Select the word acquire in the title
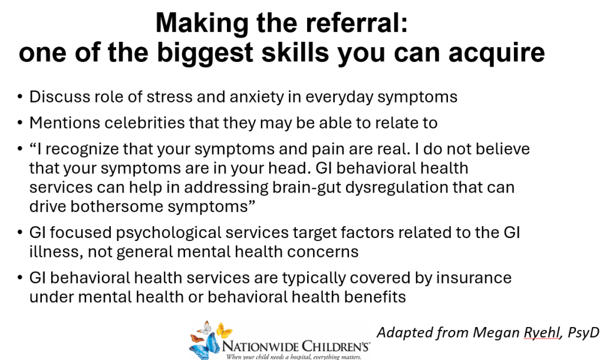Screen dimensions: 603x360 496,52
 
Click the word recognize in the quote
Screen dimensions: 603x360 85,150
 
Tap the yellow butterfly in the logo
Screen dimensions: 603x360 224,330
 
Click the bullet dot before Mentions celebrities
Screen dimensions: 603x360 20,123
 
